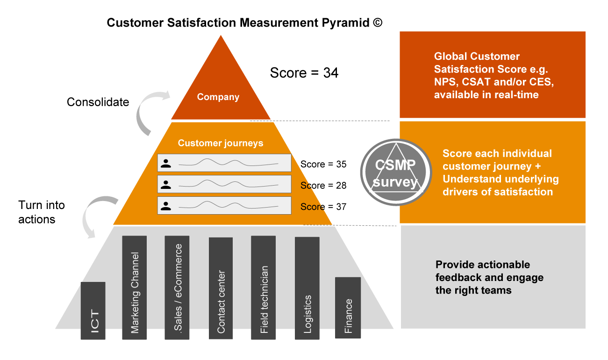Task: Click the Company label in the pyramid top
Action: click(218, 97)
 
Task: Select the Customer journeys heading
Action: click(221, 143)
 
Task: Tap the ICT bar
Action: click(93, 311)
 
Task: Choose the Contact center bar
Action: click(221, 288)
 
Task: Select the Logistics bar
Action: click(307, 288)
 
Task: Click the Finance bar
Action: click(348, 308)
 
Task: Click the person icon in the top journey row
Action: click(165, 163)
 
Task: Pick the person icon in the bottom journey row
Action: click(165, 206)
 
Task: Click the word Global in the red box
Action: click(450, 57)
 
